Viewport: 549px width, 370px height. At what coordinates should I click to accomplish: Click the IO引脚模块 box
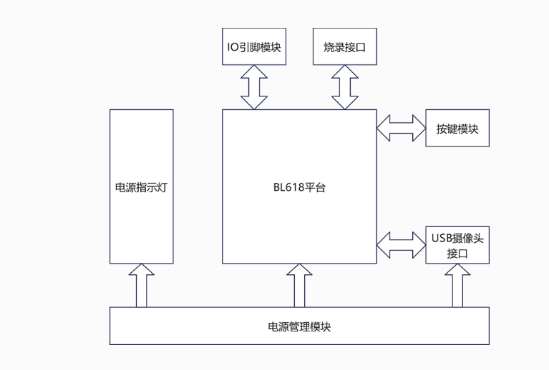click(x=253, y=46)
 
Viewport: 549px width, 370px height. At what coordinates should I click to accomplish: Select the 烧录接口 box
click(x=344, y=46)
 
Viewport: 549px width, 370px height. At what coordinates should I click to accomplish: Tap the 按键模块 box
click(x=457, y=129)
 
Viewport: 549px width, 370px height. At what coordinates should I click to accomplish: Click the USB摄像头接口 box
click(x=457, y=244)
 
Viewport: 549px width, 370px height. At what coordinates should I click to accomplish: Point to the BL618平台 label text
click(x=298, y=188)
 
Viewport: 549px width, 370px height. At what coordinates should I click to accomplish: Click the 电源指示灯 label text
click(x=141, y=188)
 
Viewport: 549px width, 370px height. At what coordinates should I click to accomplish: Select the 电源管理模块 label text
click(x=299, y=326)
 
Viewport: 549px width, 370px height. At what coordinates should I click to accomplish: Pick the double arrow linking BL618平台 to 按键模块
click(x=401, y=129)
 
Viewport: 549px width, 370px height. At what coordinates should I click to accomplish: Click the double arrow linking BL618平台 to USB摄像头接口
click(x=401, y=244)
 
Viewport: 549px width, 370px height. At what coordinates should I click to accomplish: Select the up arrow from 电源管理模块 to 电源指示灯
click(x=141, y=285)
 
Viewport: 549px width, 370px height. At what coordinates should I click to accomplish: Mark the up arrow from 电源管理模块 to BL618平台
click(x=298, y=285)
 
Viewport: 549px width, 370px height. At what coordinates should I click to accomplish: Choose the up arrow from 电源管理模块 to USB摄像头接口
click(x=457, y=286)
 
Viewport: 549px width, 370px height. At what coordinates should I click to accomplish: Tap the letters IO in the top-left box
click(x=230, y=46)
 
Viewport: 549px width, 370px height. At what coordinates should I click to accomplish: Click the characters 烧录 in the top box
click(x=333, y=46)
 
